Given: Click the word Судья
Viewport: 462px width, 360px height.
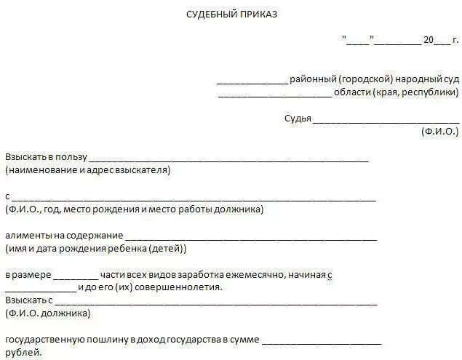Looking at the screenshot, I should point(298,119).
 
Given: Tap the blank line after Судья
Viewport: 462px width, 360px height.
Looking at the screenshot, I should point(386,121).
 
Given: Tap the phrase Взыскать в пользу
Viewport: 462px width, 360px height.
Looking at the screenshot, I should point(46,157).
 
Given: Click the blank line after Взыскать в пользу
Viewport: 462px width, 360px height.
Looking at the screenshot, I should point(228,160).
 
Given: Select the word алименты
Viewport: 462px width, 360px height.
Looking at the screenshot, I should point(28,236).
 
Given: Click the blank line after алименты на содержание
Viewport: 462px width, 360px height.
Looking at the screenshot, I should point(251,239).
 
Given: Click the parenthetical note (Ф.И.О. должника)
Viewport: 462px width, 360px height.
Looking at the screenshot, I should point(47,313).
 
